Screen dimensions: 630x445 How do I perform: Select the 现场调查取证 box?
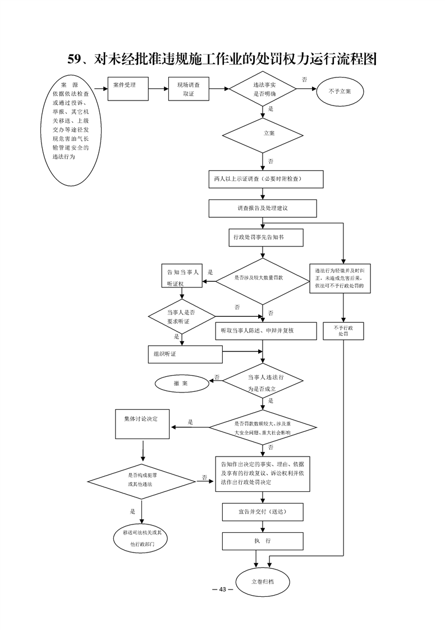[189, 89]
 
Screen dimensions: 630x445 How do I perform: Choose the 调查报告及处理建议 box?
[263, 208]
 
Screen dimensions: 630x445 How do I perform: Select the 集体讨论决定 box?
[143, 424]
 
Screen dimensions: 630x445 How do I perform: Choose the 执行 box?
[263, 541]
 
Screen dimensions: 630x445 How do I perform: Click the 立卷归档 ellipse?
[263, 582]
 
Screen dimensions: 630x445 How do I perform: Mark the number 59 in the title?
[75, 58]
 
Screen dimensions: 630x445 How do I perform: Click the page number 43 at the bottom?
[222, 589]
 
